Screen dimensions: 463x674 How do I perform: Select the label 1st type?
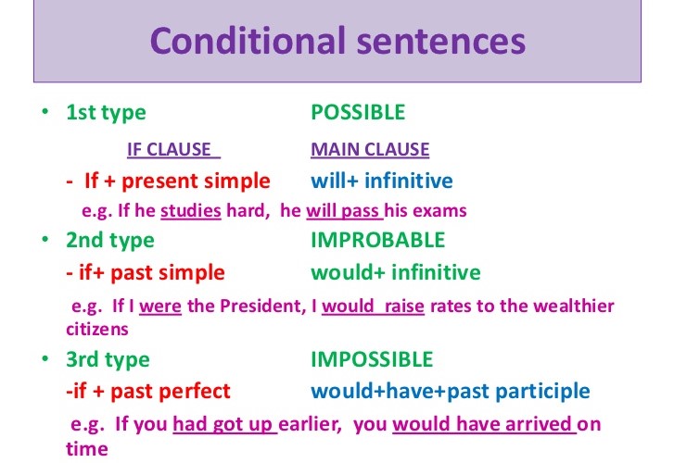(x=106, y=113)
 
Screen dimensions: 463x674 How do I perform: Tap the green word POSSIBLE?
(x=358, y=113)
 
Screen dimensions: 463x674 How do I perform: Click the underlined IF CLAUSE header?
(x=168, y=150)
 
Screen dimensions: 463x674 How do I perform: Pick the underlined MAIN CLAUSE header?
(x=370, y=150)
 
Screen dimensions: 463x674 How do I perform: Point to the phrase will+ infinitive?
(x=381, y=181)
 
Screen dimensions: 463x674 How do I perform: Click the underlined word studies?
(x=191, y=211)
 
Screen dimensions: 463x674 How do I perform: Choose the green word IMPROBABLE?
(x=377, y=241)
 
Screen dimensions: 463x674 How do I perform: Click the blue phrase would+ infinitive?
(x=396, y=272)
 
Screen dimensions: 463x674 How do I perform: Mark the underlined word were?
(x=160, y=307)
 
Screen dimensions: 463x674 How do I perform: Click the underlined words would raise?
(x=373, y=307)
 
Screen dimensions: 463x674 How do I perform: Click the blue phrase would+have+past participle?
(x=449, y=391)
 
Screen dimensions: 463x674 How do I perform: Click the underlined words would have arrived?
(x=483, y=426)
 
